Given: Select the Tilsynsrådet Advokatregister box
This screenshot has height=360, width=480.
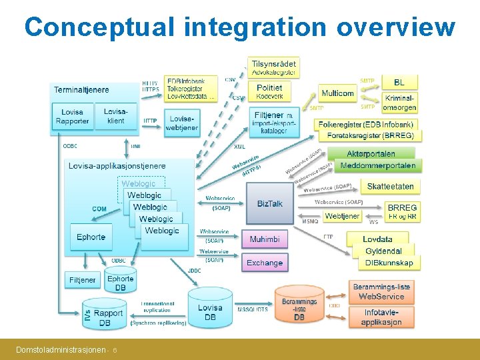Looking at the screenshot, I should (x=273, y=67).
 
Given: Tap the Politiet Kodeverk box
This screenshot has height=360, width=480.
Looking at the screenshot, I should (x=269, y=91).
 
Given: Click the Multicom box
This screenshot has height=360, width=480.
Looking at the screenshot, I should (x=337, y=93).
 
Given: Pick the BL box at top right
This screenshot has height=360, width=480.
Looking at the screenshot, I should (x=399, y=82).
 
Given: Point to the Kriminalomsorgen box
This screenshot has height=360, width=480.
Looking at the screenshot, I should (x=400, y=103).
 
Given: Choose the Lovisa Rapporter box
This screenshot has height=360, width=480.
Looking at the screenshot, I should (x=72, y=117).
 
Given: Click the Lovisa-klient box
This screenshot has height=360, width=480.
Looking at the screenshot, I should (x=115, y=117).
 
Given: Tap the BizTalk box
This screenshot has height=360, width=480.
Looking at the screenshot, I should (x=269, y=203).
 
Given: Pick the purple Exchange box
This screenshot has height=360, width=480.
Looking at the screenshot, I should (x=265, y=263).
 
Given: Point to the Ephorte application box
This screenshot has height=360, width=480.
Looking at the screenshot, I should (x=91, y=237).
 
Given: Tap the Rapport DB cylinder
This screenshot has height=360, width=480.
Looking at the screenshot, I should (x=107, y=317).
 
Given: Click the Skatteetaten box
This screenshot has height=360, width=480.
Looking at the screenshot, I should (x=390, y=187).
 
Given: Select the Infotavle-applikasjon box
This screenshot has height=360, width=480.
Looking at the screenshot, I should (x=381, y=317).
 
